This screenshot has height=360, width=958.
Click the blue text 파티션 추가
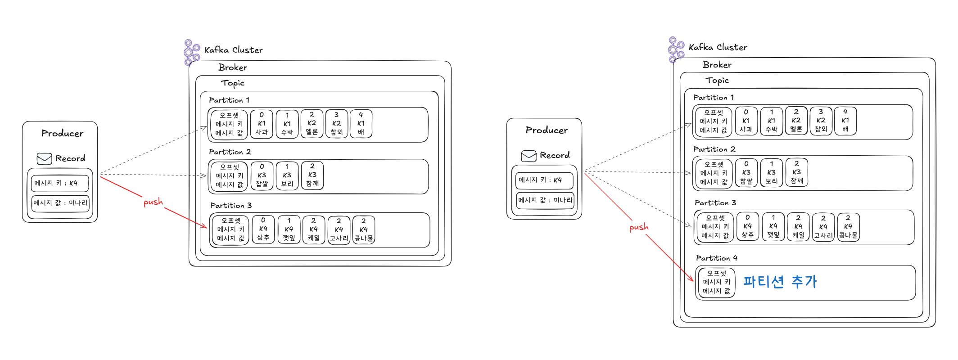(779, 282)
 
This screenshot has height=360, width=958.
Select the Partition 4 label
(716, 258)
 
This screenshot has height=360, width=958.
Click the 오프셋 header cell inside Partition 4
(716, 282)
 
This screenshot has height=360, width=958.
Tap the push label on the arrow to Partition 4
(639, 227)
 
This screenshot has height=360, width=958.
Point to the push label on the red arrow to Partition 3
(153, 202)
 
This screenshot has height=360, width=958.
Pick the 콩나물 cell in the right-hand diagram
(848, 227)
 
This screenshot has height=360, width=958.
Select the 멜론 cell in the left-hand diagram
(312, 123)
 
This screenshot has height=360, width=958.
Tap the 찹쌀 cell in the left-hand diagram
(262, 175)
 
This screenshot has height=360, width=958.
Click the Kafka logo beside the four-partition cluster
(676, 49)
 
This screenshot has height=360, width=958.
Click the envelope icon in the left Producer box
(44, 158)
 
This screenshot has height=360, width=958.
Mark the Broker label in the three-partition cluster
(232, 67)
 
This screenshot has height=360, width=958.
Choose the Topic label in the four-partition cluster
(717, 81)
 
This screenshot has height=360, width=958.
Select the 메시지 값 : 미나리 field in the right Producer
(545, 200)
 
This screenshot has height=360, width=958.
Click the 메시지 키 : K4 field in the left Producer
(59, 183)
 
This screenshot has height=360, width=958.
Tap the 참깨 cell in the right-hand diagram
(797, 172)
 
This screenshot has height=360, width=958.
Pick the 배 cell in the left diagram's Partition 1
(361, 124)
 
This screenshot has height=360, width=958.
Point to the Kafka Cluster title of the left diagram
(233, 50)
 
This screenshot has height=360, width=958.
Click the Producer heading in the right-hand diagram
(547, 130)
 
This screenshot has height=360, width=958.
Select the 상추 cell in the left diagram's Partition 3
(263, 229)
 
